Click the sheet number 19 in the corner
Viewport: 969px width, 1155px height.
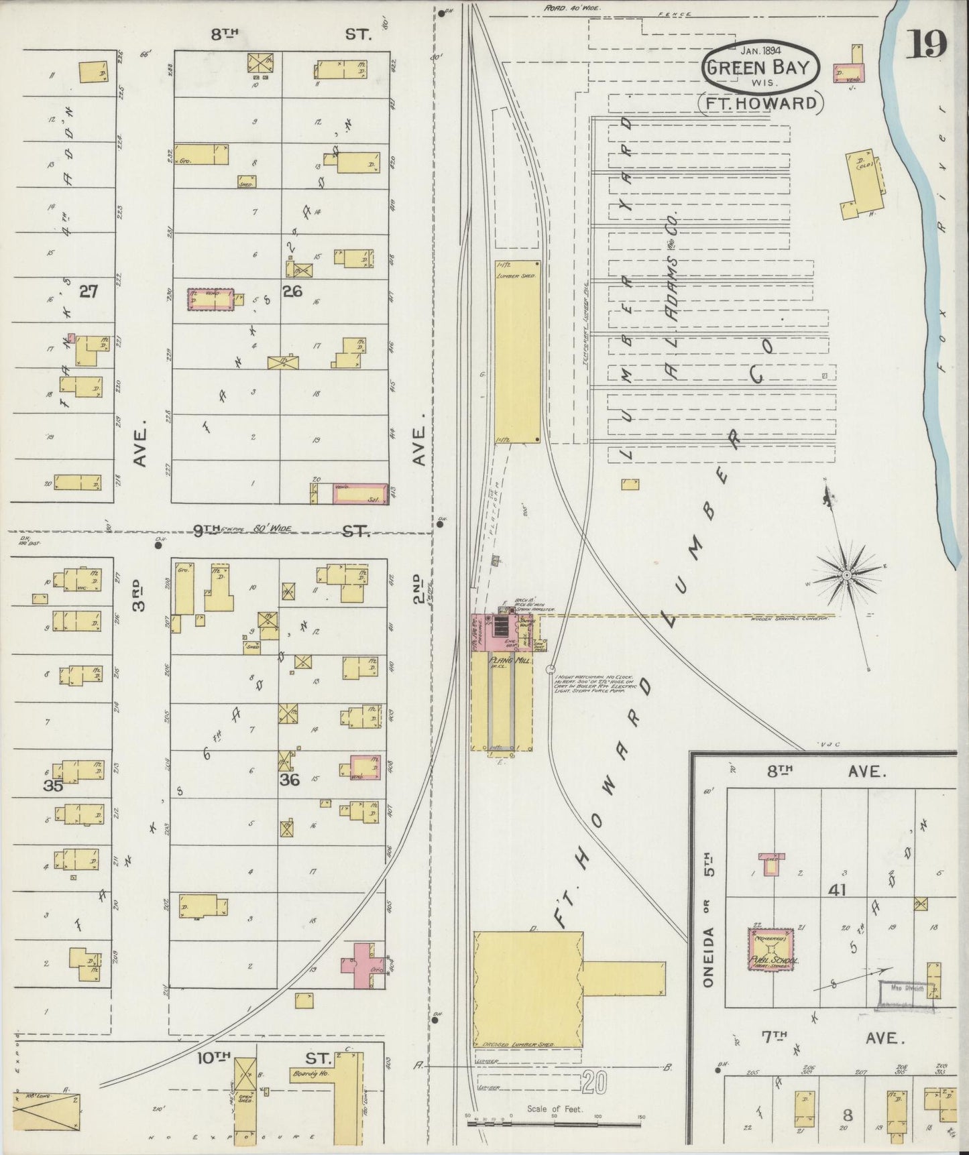click(x=928, y=45)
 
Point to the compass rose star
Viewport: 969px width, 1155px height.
click(x=846, y=574)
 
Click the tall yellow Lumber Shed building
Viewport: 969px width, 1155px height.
click(x=517, y=351)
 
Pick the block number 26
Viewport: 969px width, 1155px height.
click(x=292, y=291)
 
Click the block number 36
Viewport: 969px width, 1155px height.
click(x=289, y=780)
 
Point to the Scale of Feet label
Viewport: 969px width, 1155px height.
click(x=555, y=1109)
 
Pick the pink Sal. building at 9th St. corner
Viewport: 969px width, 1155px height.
click(x=360, y=495)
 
